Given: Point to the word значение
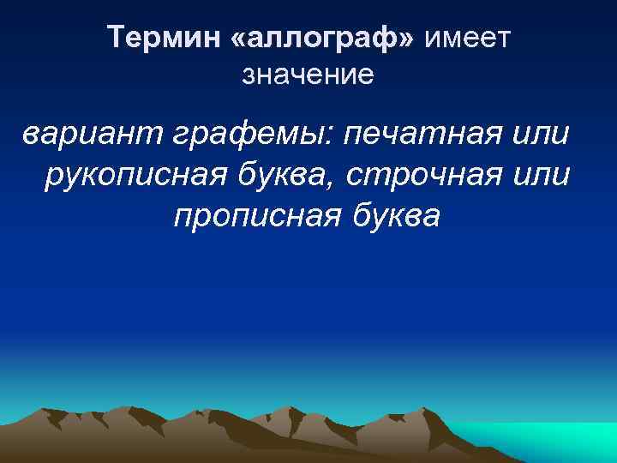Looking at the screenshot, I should coord(308,75).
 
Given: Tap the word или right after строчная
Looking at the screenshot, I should coord(545,175).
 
